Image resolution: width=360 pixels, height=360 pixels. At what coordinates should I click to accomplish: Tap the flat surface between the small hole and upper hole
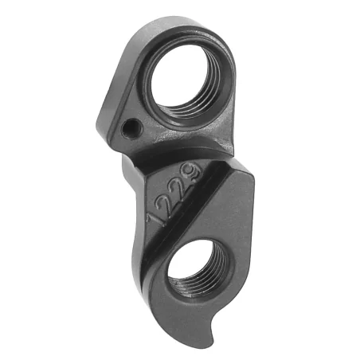tap(143, 104)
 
